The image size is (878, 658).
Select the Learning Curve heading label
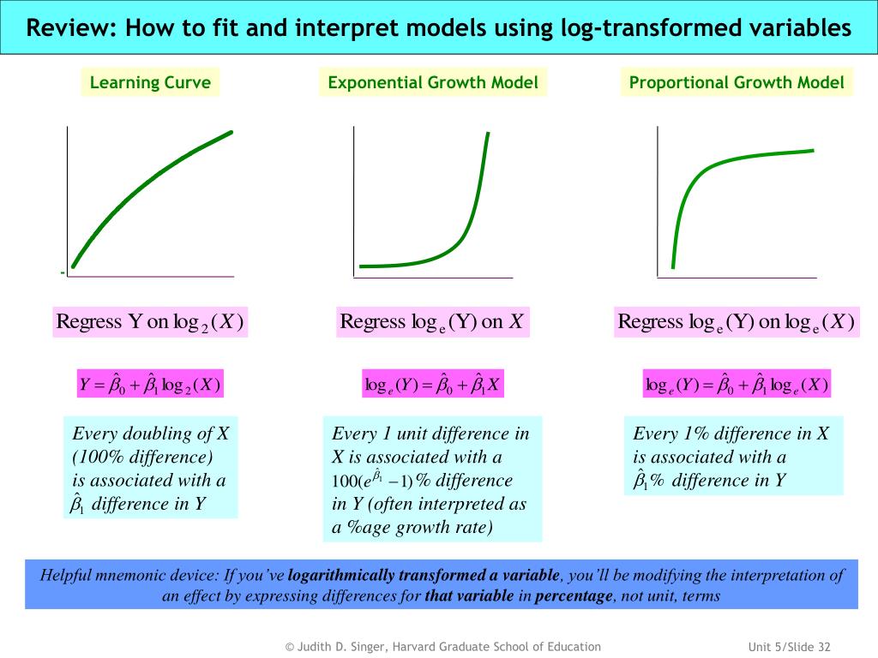[150, 82]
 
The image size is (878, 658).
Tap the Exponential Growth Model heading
[433, 82]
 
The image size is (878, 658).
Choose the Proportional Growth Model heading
[737, 82]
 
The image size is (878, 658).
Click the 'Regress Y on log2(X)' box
[150, 322]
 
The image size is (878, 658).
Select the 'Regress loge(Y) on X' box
[432, 322]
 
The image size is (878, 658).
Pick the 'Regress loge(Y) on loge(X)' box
[736, 322]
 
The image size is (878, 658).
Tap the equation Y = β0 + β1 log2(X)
[150, 385]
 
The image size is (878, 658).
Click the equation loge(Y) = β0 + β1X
[432, 385]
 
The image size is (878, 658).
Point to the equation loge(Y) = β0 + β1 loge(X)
[737, 385]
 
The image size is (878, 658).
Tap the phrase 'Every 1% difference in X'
[731, 434]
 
